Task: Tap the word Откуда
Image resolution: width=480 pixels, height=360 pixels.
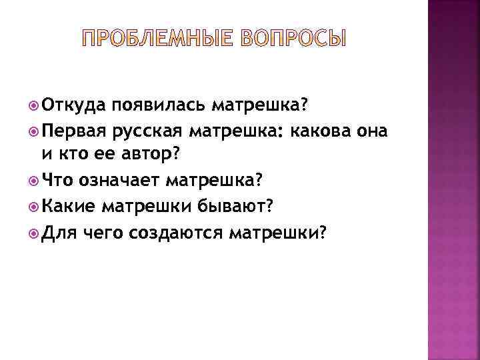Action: pos(73,105)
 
